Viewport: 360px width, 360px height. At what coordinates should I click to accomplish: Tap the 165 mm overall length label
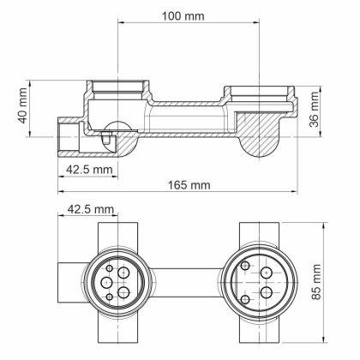coord(189,184)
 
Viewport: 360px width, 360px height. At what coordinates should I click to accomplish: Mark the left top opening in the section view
coord(117,87)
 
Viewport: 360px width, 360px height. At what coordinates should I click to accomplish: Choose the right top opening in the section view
coord(259,91)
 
